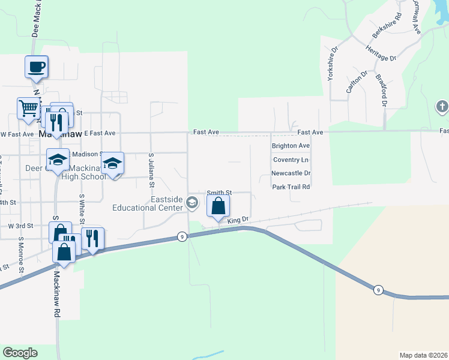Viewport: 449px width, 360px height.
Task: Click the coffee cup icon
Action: (36, 66)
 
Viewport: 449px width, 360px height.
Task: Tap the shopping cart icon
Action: (28, 108)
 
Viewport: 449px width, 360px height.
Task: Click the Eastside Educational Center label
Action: (148, 203)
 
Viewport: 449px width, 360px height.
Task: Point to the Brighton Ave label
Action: (291, 146)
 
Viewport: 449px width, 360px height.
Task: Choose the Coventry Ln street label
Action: (291, 160)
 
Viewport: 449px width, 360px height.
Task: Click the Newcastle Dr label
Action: (291, 173)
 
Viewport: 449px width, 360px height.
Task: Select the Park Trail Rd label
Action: (291, 187)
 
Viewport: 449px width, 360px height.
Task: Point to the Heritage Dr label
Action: (381, 55)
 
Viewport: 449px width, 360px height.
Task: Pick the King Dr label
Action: (238, 220)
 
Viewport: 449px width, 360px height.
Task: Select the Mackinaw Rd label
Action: (58, 294)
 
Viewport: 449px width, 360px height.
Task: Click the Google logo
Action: (20, 353)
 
